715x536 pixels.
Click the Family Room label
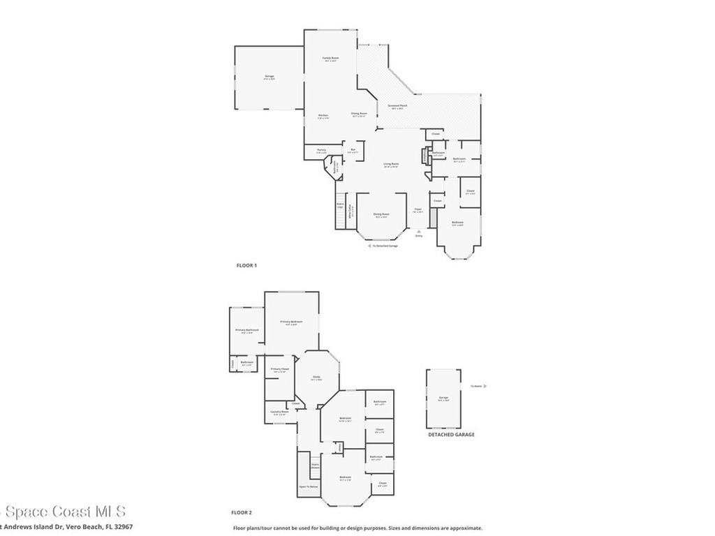click(x=330, y=58)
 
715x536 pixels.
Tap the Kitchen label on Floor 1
click(x=323, y=115)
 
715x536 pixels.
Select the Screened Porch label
click(x=397, y=106)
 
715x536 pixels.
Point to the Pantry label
click(x=321, y=150)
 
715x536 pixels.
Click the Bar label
click(x=353, y=150)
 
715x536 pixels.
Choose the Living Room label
click(x=390, y=165)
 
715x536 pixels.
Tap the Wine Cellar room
click(x=351, y=215)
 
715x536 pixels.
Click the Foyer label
click(x=418, y=209)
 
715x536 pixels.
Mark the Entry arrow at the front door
click(x=419, y=234)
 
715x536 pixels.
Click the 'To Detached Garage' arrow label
click(x=383, y=246)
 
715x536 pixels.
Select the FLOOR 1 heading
click(x=246, y=265)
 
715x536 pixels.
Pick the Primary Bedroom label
click(x=291, y=322)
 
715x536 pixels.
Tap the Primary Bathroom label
click(x=246, y=330)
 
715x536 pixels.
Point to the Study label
click(x=316, y=378)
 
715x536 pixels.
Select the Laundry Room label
click(x=279, y=412)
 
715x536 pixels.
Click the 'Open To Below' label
click(x=309, y=486)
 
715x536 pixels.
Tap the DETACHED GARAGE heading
click(x=451, y=434)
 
